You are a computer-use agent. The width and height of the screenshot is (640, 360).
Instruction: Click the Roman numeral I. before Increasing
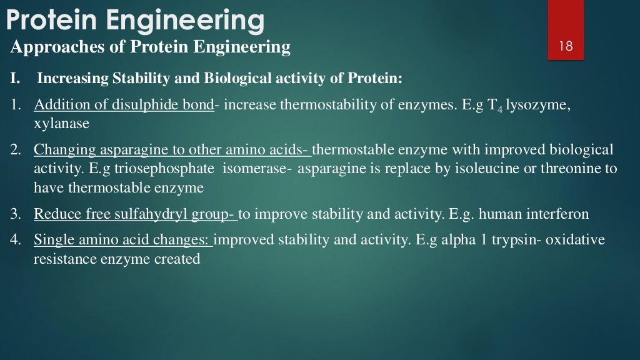pyautogui.click(x=15, y=79)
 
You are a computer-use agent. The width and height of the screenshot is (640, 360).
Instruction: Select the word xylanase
pyautogui.click(x=61, y=124)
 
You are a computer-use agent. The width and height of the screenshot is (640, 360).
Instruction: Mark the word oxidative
pyautogui.click(x=575, y=240)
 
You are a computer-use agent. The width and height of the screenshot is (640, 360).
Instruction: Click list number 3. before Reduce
pyautogui.click(x=16, y=214)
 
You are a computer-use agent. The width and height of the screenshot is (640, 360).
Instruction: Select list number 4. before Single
pyautogui.click(x=16, y=240)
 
